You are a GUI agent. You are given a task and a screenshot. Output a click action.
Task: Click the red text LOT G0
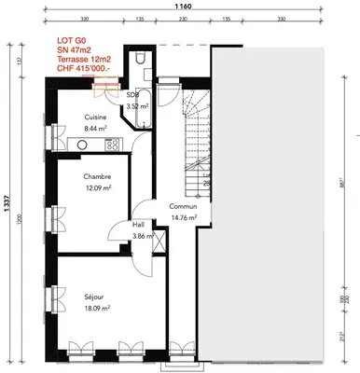click(73, 41)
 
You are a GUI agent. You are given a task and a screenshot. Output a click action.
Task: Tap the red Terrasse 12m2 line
click(84, 59)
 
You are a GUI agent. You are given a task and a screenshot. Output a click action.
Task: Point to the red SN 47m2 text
click(76, 49)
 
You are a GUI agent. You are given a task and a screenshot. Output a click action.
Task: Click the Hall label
click(137, 225)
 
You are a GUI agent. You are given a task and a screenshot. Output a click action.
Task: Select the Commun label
click(182, 207)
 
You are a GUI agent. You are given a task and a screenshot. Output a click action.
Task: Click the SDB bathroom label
click(132, 94)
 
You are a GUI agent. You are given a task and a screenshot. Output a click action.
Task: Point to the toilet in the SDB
click(138, 60)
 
